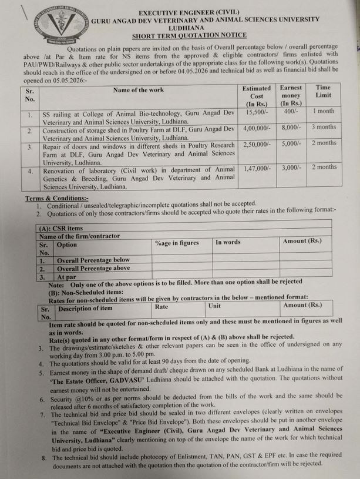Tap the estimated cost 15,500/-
[257, 111]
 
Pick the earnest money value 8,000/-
[291, 127]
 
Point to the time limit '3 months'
[324, 127]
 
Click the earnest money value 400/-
[291, 111]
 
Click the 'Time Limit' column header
[324, 91]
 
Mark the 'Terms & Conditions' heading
[52, 199]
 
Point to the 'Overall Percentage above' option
[93, 267]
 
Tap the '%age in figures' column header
[177, 243]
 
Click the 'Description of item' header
[85, 309]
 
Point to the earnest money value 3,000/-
[291, 168]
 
